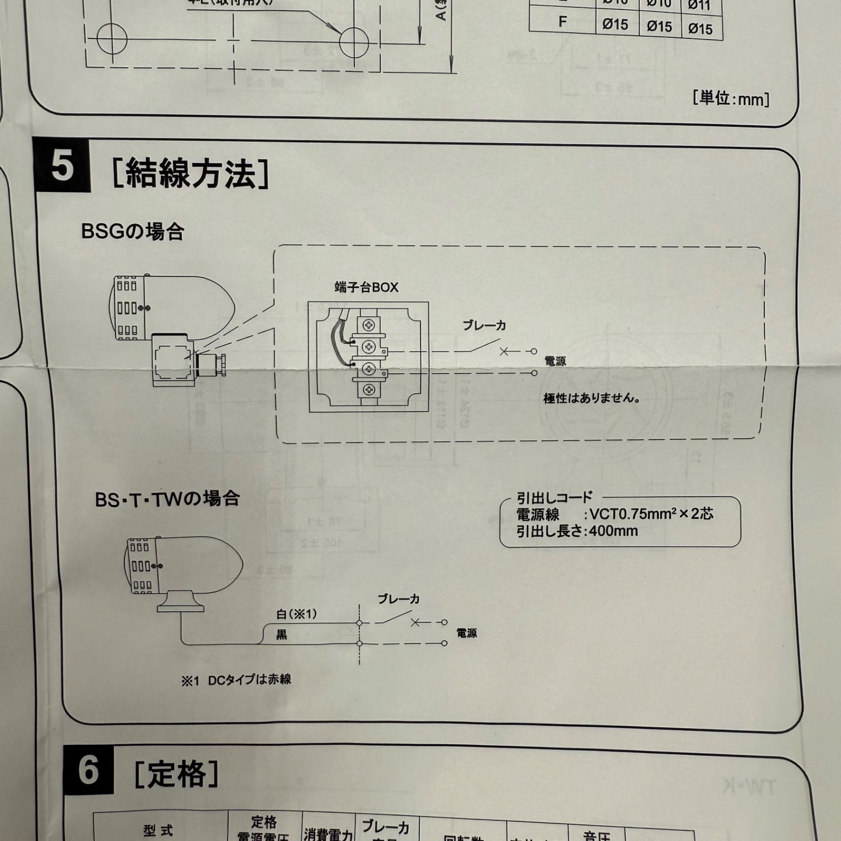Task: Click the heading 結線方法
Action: point(190,174)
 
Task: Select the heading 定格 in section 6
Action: point(177,773)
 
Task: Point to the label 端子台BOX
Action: point(366,288)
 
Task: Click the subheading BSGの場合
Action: point(132,231)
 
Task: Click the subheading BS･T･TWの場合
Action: point(167,499)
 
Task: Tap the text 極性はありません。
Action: point(592,398)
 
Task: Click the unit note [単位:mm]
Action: point(731,98)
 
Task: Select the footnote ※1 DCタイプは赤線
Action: point(236,680)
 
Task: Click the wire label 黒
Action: point(282,635)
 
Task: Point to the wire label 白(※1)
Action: point(296,614)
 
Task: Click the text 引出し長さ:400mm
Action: point(577,531)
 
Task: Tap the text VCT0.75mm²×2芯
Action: point(651,514)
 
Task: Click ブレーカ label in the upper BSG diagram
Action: point(484,325)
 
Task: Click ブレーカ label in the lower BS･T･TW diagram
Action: point(398,599)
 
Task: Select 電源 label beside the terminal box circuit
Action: point(555,362)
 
